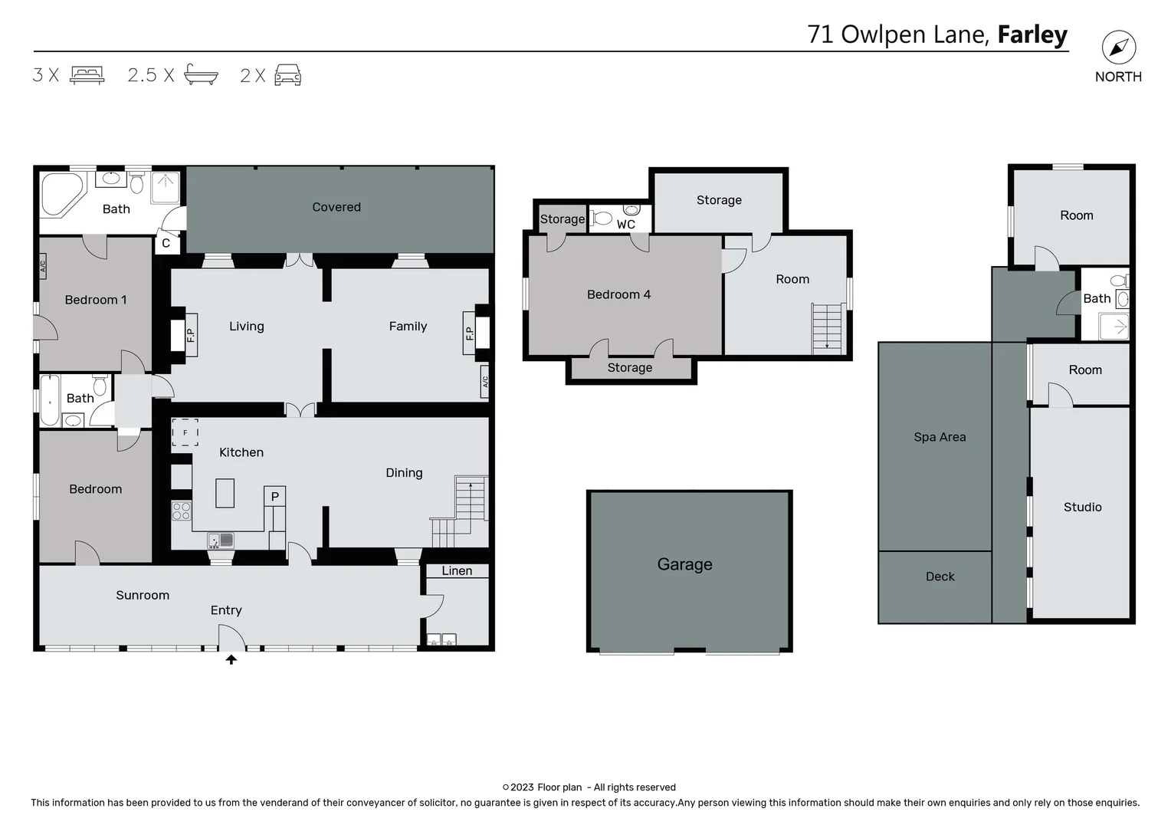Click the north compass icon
click(1118, 48)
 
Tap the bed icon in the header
click(87, 75)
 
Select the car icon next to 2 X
click(287, 75)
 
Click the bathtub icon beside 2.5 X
click(201, 75)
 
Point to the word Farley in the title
click(1032, 34)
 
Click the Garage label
click(684, 564)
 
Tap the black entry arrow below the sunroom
click(231, 659)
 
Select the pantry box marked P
click(274, 496)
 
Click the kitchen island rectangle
click(225, 493)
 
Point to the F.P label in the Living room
click(191, 334)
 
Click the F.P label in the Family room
click(469, 333)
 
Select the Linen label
click(457, 570)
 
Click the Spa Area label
click(940, 437)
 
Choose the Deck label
click(940, 577)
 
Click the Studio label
click(1082, 507)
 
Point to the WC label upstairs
click(625, 225)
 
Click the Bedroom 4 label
click(618, 294)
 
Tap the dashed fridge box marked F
click(185, 432)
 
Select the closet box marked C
click(166, 243)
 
